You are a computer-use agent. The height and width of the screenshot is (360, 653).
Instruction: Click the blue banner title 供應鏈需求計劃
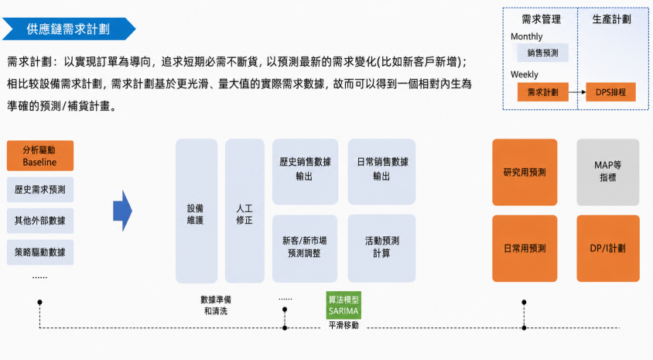68,29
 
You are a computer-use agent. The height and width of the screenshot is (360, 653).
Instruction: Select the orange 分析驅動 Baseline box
40,156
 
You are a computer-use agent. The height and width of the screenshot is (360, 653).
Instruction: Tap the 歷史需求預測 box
40,190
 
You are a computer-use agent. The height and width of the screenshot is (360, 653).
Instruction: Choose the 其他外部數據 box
40,221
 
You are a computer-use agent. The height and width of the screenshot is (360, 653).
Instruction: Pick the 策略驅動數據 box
40,252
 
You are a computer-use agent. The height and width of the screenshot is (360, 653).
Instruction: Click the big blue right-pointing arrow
122,211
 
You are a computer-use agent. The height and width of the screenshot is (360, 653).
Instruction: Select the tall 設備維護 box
197,211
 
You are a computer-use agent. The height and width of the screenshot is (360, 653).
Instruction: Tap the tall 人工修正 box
244,211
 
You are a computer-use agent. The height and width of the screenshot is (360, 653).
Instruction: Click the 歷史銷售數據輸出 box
306,172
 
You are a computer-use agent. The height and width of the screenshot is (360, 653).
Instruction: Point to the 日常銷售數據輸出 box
381,172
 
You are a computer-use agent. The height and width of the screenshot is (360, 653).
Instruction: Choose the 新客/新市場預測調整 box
305,249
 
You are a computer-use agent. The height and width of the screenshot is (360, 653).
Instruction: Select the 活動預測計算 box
381,249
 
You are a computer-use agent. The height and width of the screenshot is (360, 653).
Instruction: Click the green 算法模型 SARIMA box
344,305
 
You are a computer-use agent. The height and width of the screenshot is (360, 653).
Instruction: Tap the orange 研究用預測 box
525,172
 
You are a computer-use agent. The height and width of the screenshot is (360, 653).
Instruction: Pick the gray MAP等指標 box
608,172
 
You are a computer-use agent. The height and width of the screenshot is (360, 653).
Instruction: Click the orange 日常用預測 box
525,249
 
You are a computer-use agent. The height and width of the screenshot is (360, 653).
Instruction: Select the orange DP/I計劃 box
608,249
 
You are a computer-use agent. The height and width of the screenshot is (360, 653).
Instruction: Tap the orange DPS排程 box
610,92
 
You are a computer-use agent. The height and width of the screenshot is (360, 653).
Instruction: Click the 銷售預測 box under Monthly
542,53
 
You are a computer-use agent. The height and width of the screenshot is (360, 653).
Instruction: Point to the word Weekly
525,74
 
